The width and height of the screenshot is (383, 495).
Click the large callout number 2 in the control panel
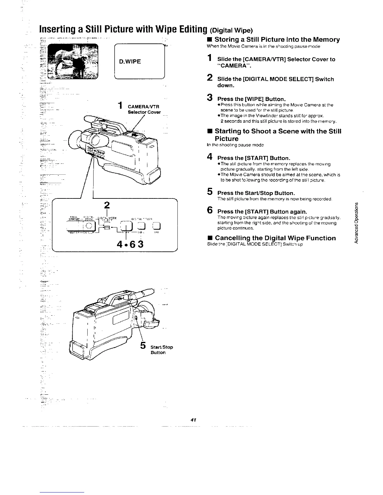107,205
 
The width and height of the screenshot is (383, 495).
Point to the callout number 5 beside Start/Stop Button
143,345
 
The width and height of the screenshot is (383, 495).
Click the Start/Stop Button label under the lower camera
161,350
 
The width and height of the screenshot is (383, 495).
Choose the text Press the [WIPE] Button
252,99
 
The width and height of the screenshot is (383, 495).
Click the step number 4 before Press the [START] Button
211,157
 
